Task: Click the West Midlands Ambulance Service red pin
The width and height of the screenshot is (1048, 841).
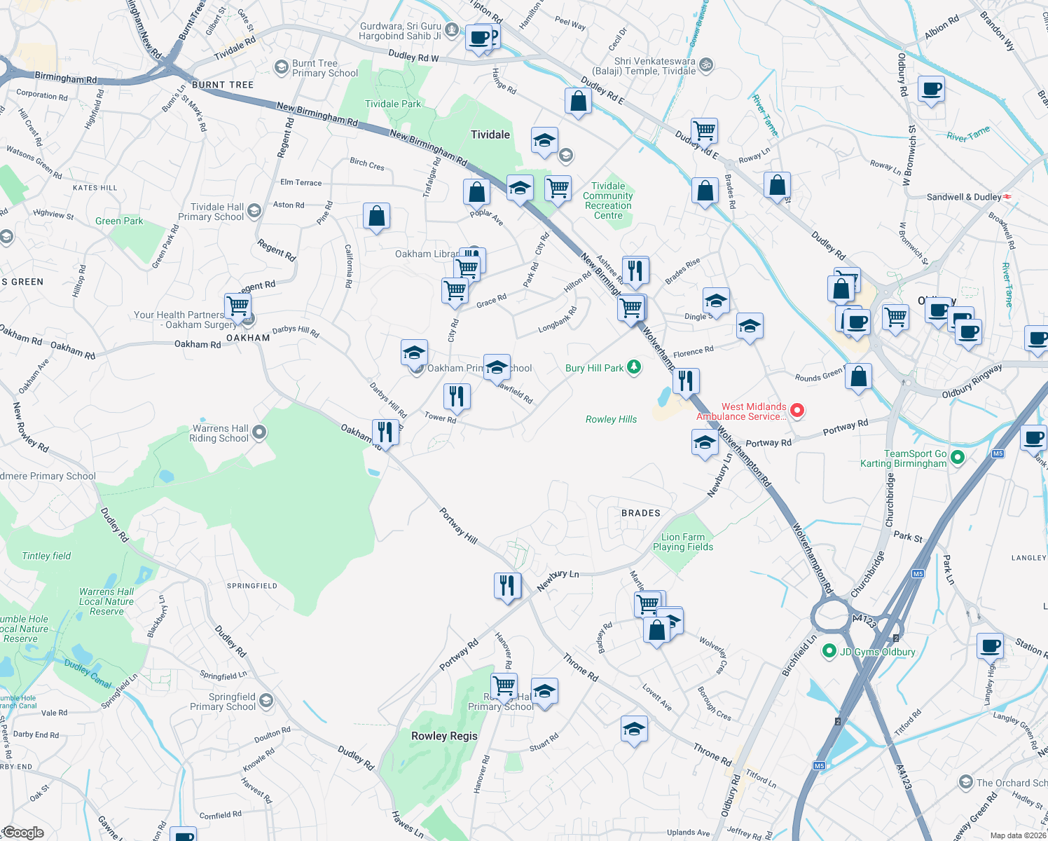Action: pyautogui.click(x=797, y=410)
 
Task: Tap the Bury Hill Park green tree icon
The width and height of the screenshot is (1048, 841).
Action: pyautogui.click(x=633, y=367)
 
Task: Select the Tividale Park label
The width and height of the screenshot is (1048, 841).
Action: pyautogui.click(x=393, y=104)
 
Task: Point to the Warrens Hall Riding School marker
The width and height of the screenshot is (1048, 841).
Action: pyautogui.click(x=259, y=432)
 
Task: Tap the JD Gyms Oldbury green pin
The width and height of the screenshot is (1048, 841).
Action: pyautogui.click(x=829, y=651)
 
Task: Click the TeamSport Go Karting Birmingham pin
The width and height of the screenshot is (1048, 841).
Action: pyautogui.click(x=958, y=457)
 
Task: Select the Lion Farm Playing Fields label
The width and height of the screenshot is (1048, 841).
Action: pyautogui.click(x=683, y=542)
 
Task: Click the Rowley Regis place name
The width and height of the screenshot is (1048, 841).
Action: pyautogui.click(x=444, y=736)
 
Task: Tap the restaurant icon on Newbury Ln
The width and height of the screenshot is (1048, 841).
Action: pyautogui.click(x=507, y=585)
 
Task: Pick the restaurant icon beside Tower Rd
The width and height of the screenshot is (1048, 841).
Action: pyautogui.click(x=456, y=396)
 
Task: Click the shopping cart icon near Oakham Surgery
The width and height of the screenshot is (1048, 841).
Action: pyautogui.click(x=238, y=306)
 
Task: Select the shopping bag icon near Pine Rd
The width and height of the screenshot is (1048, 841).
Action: pyautogui.click(x=376, y=217)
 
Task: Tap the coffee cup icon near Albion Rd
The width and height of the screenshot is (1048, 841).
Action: pyautogui.click(x=931, y=89)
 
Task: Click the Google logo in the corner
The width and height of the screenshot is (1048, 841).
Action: pyautogui.click(x=23, y=832)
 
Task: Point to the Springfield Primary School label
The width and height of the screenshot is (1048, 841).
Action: pyautogui.click(x=223, y=702)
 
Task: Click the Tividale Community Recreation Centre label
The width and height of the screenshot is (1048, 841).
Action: pyautogui.click(x=607, y=200)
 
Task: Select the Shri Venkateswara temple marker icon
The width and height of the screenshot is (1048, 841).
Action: pyautogui.click(x=706, y=65)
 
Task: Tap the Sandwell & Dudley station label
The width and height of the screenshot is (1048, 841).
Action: pyautogui.click(x=963, y=197)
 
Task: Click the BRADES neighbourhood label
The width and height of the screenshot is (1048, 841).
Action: pyautogui.click(x=641, y=513)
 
